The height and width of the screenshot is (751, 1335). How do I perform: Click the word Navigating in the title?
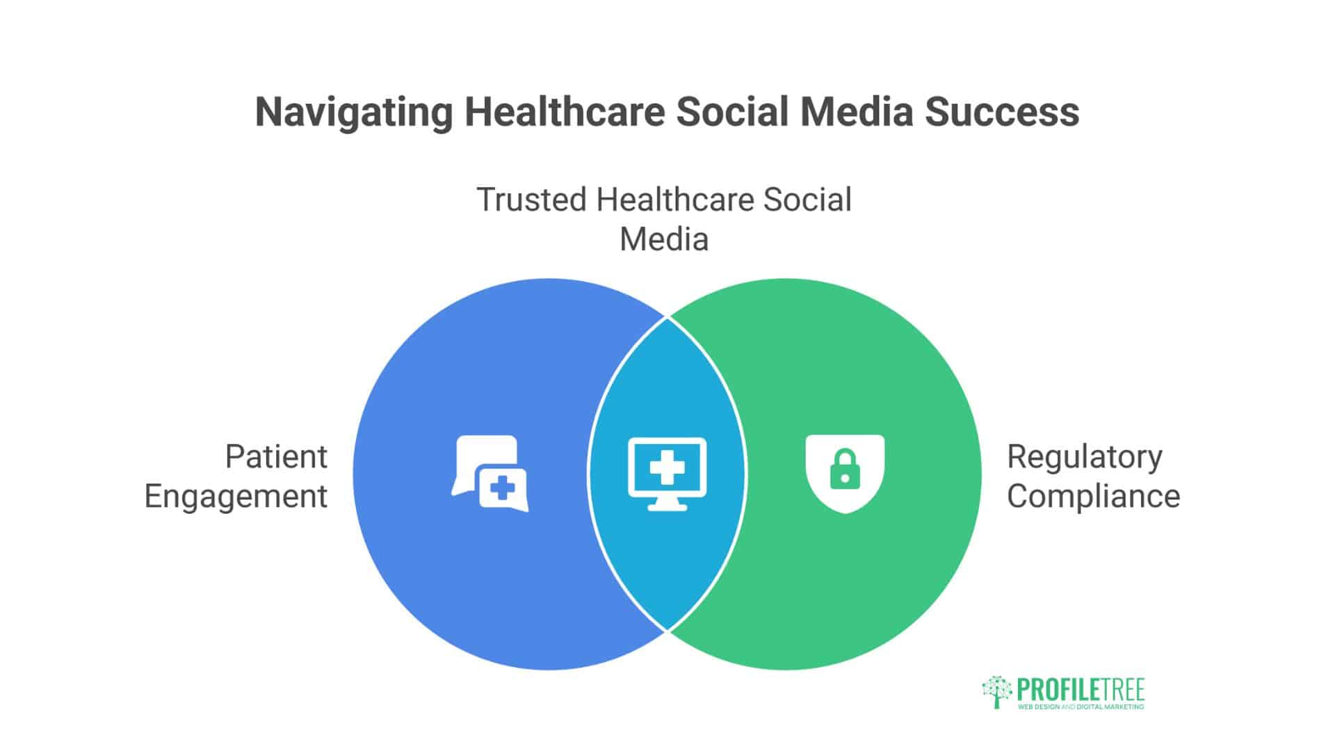354,113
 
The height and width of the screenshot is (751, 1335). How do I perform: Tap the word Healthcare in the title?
565,113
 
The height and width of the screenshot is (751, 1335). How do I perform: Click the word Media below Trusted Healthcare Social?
664,240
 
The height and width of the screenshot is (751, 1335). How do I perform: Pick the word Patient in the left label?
276,458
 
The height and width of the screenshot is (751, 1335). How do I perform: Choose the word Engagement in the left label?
236,497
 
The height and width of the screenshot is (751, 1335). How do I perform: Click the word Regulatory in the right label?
1085,458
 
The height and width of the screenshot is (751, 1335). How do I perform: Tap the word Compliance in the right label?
1093,497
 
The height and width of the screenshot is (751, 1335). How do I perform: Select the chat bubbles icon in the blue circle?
489,474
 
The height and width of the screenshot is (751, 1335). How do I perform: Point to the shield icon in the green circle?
845,474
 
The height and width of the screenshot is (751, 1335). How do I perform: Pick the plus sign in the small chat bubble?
502,488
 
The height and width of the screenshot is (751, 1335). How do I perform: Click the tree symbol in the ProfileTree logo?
997,691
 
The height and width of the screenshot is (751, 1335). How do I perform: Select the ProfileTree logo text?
1081,690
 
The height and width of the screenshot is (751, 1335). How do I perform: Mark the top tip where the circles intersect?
667,318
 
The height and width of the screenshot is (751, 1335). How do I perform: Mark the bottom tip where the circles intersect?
667,630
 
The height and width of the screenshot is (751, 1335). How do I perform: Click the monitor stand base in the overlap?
667,508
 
